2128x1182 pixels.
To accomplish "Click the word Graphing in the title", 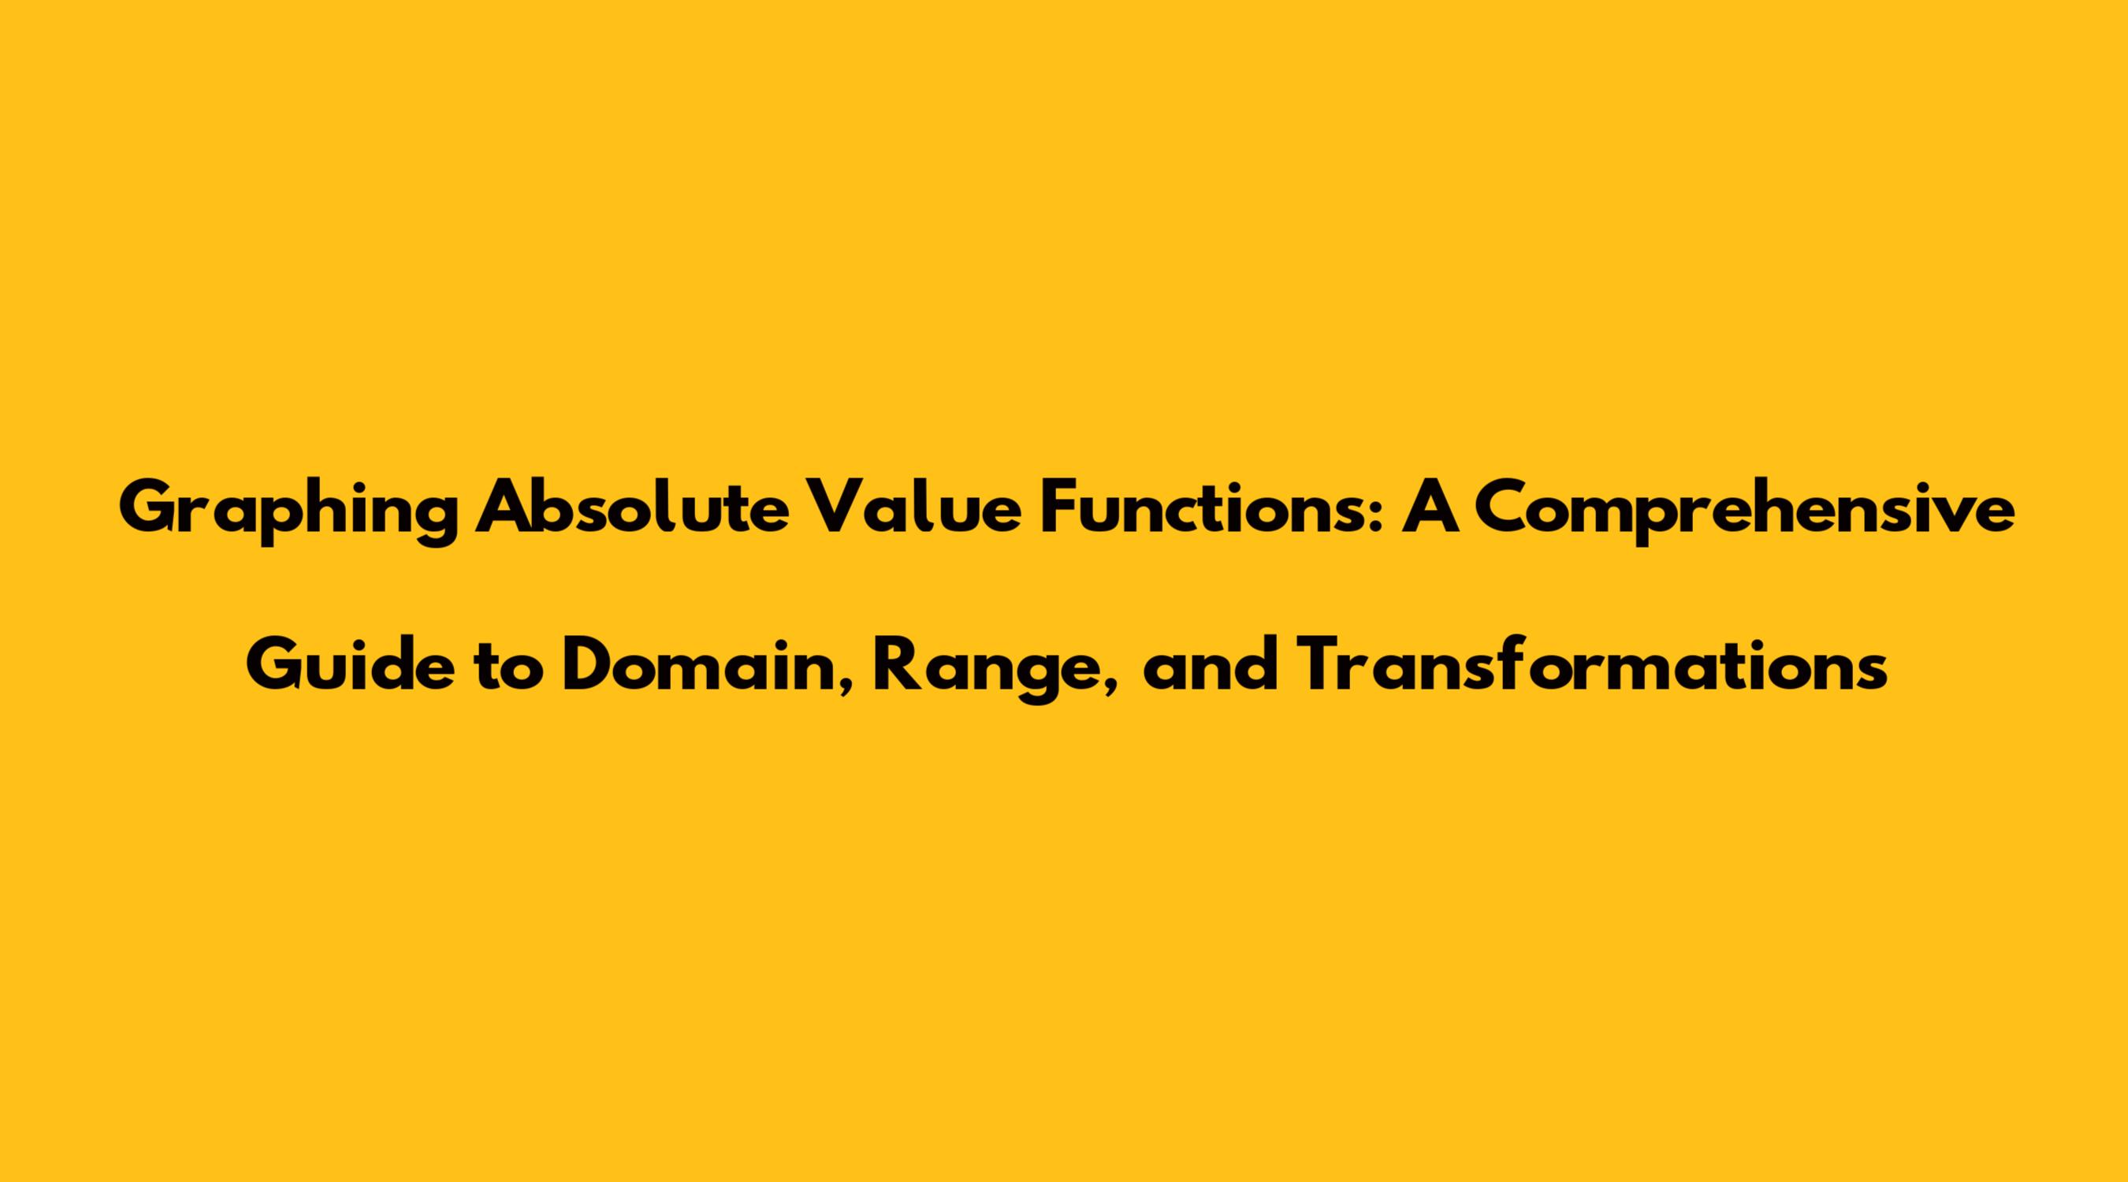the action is (x=288, y=513).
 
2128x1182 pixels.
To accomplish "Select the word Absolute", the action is (x=632, y=508).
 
